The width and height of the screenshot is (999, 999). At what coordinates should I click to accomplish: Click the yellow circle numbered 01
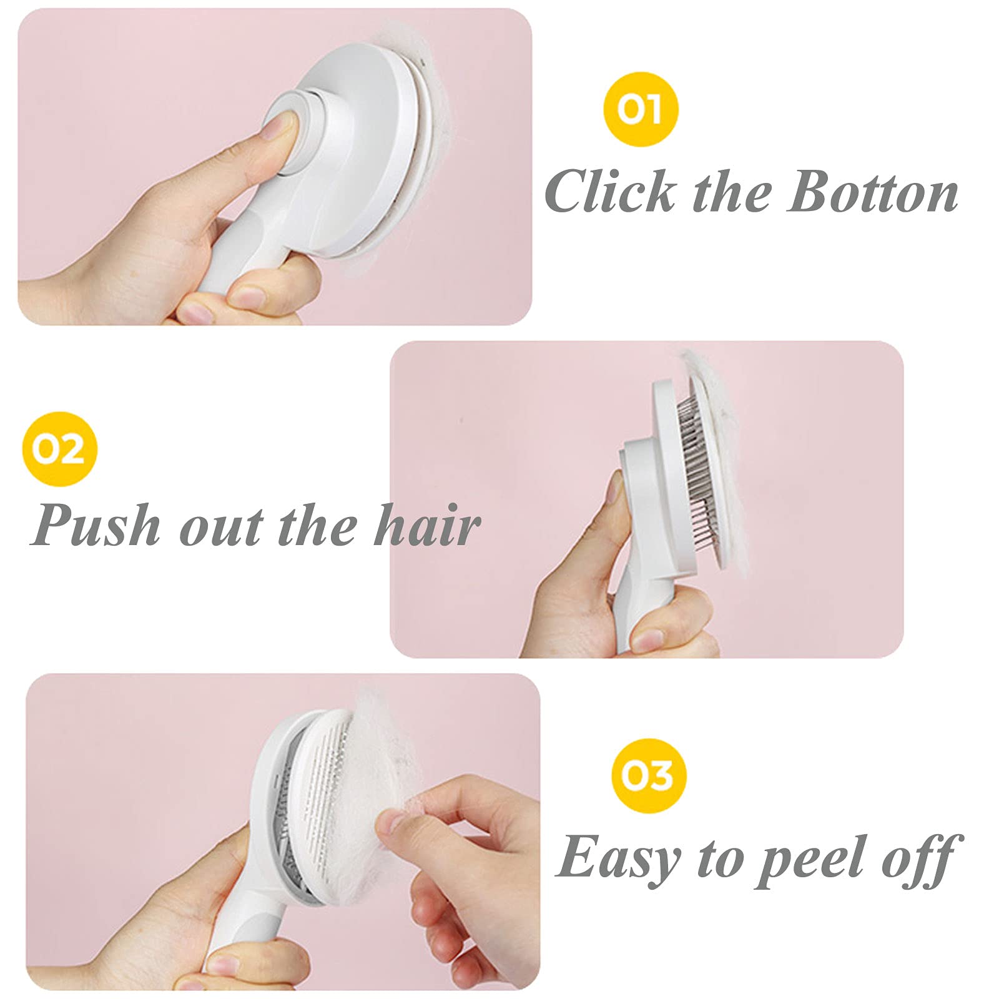point(641,109)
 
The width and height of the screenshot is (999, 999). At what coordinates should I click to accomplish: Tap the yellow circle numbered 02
point(59,448)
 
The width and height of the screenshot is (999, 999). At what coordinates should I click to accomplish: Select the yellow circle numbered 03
point(649,775)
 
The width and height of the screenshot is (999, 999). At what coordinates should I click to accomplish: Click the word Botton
point(872,191)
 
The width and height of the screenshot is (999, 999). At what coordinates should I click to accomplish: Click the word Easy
point(618,858)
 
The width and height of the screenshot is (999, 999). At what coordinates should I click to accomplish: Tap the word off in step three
point(918,858)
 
